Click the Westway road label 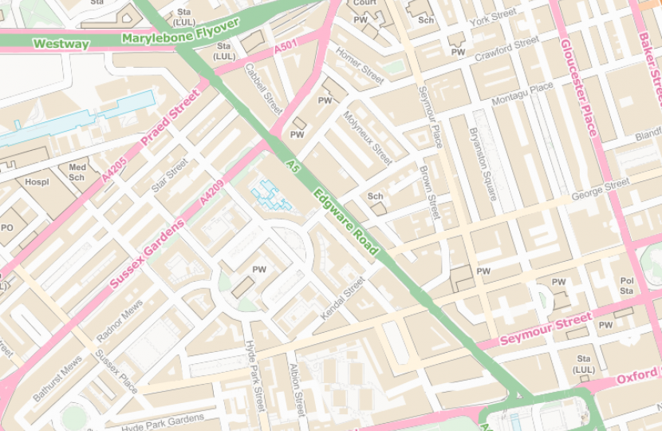tap(61, 44)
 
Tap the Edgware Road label tap(346, 223)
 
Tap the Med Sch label tap(77, 172)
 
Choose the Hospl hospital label tap(37, 182)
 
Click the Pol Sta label tap(627, 287)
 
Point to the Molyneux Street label tap(367, 137)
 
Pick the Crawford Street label tap(506, 49)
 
